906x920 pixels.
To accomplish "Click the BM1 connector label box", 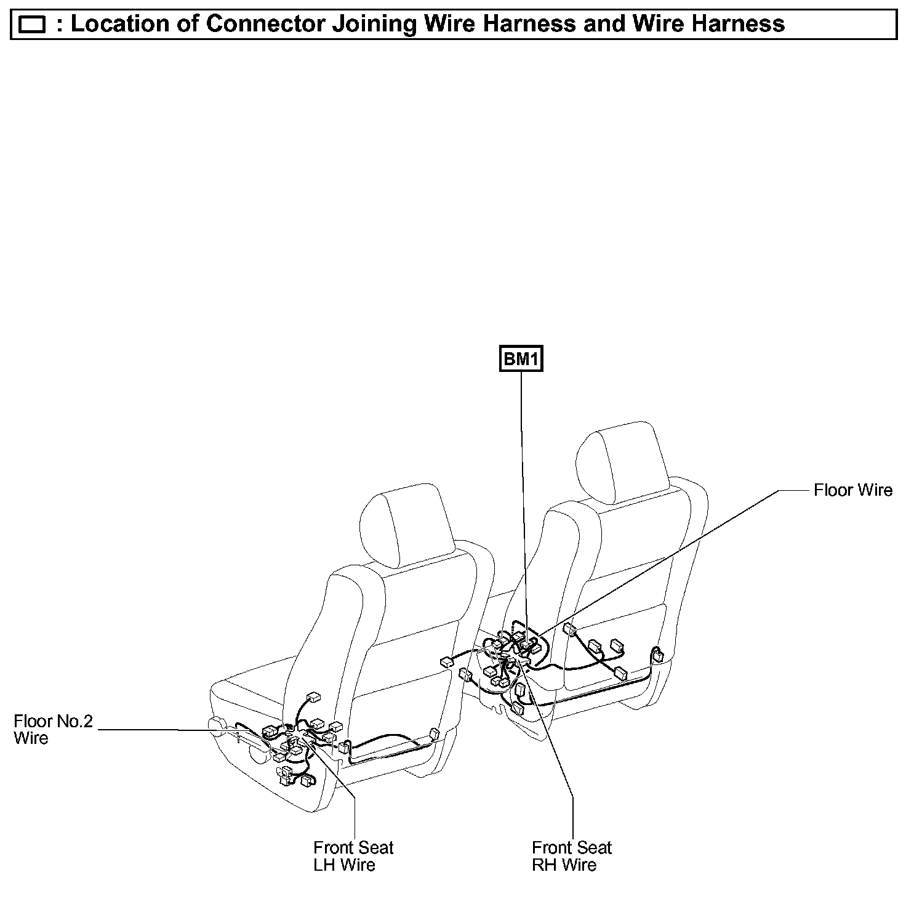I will (521, 359).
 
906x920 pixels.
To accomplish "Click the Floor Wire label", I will (852, 490).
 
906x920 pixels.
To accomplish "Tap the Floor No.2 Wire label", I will (53, 729).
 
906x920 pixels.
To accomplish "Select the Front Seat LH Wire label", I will (353, 856).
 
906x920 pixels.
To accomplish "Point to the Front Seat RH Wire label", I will (572, 856).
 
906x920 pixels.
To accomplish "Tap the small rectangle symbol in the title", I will (33, 25).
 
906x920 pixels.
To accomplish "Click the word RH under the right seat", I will (543, 865).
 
